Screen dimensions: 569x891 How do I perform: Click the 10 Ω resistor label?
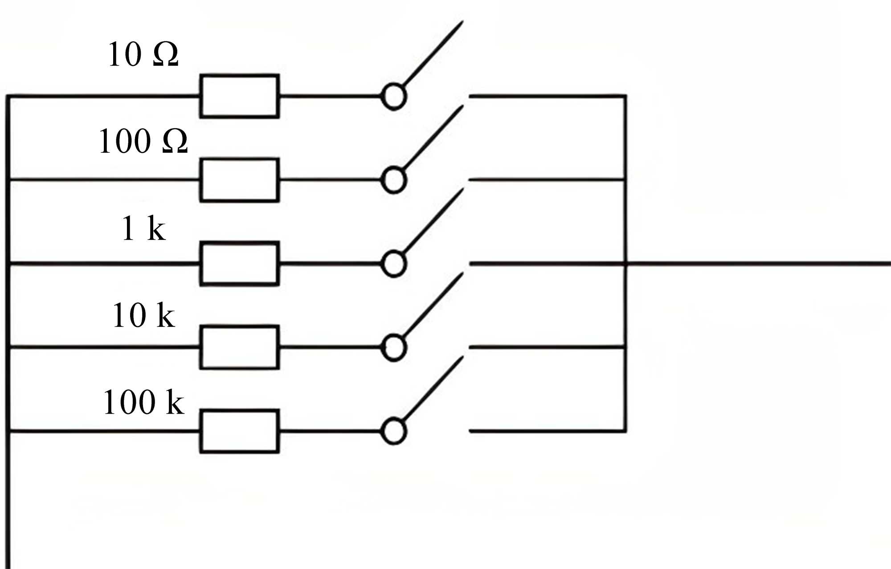[x=143, y=55]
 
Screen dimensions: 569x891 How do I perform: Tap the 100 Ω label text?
[x=143, y=141]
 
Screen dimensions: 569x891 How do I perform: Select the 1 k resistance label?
[x=143, y=228]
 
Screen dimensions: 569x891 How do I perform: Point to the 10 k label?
[x=143, y=315]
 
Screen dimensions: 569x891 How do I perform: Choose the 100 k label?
[x=143, y=402]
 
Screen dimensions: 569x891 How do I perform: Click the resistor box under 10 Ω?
[x=240, y=96]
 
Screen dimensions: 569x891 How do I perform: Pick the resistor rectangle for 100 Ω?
[x=240, y=180]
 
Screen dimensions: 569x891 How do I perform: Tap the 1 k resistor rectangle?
[x=240, y=264]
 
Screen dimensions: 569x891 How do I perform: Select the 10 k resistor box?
[x=240, y=347]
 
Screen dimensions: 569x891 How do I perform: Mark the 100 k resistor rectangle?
[x=240, y=431]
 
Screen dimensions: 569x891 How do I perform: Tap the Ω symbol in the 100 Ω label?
[x=175, y=142]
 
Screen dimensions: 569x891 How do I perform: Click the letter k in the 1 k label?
[x=156, y=229]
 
